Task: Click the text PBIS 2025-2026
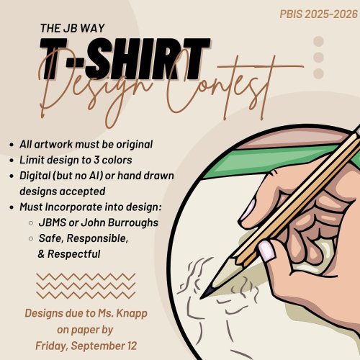(318, 14)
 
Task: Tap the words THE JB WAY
(73, 28)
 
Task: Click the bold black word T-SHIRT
(125, 59)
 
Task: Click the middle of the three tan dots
(318, 58)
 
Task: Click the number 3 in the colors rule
(96, 160)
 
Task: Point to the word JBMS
(53, 222)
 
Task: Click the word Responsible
(97, 238)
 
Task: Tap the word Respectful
(73, 254)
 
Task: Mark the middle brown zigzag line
(86, 286)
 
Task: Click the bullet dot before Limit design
(12, 161)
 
